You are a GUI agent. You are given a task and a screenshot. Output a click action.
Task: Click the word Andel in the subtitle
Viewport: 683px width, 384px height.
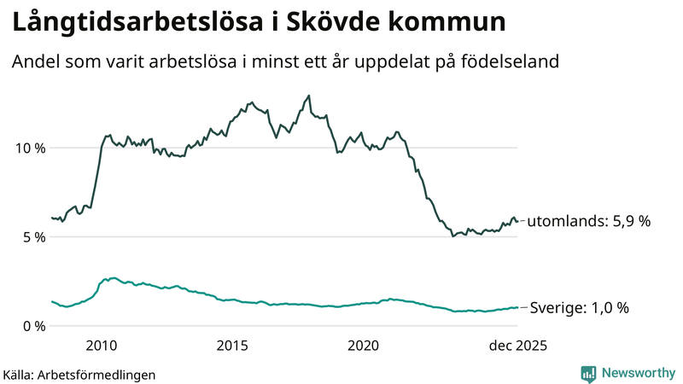coord(34,62)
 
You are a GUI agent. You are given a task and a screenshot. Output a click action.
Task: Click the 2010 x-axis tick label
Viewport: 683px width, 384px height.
coord(102,346)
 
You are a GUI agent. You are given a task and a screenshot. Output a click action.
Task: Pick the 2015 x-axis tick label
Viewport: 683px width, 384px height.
coord(232,346)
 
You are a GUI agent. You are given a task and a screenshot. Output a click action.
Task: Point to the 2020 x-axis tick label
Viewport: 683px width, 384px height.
coord(364,346)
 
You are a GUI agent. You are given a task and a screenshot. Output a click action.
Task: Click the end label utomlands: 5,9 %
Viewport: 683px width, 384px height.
coord(589,221)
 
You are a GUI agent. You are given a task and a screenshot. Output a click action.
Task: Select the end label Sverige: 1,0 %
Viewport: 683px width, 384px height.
coord(580,308)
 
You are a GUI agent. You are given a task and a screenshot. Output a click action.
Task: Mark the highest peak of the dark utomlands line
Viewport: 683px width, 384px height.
coord(308,96)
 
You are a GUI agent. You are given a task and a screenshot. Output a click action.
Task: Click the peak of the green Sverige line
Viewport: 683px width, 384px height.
coord(112,278)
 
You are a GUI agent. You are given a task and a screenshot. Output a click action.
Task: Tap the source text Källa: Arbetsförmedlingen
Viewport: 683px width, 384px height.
coord(79,374)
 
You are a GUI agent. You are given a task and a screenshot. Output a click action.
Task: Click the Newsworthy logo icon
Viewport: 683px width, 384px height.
coord(588,373)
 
